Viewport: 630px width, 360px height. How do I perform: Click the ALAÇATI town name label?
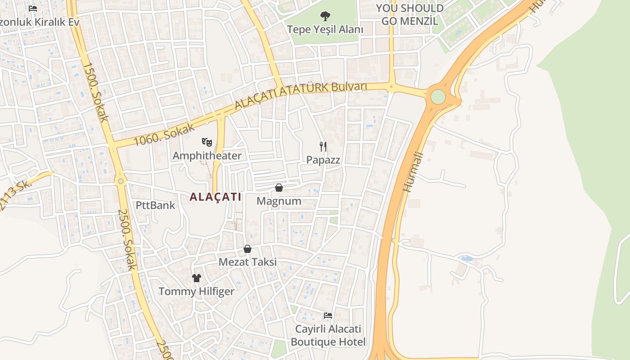(216, 197)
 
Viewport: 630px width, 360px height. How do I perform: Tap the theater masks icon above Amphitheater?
(207, 142)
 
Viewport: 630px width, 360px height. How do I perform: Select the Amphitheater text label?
(207, 156)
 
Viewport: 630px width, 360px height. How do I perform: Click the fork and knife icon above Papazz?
(323, 146)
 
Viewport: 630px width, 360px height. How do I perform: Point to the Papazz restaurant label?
(323, 160)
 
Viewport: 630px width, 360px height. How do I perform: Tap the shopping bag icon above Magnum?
(279, 188)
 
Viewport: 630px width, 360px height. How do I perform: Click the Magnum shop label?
(279, 201)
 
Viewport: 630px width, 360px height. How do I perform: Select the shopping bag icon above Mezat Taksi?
(247, 249)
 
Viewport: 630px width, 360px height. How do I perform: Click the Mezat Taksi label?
(247, 262)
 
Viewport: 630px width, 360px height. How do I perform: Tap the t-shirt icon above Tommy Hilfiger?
(197, 278)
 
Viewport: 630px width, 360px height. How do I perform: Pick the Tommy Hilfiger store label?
(197, 292)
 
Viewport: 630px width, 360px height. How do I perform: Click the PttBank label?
(156, 206)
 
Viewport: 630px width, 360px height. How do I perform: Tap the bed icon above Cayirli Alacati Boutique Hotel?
(328, 315)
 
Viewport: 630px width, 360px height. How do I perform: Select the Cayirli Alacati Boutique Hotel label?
(328, 336)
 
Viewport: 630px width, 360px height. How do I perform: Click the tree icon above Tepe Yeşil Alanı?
(325, 17)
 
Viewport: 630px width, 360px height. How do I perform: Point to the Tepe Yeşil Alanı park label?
(325, 30)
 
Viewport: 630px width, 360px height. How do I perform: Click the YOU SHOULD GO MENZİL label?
(409, 14)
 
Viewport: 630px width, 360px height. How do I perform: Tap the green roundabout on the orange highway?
(438, 96)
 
